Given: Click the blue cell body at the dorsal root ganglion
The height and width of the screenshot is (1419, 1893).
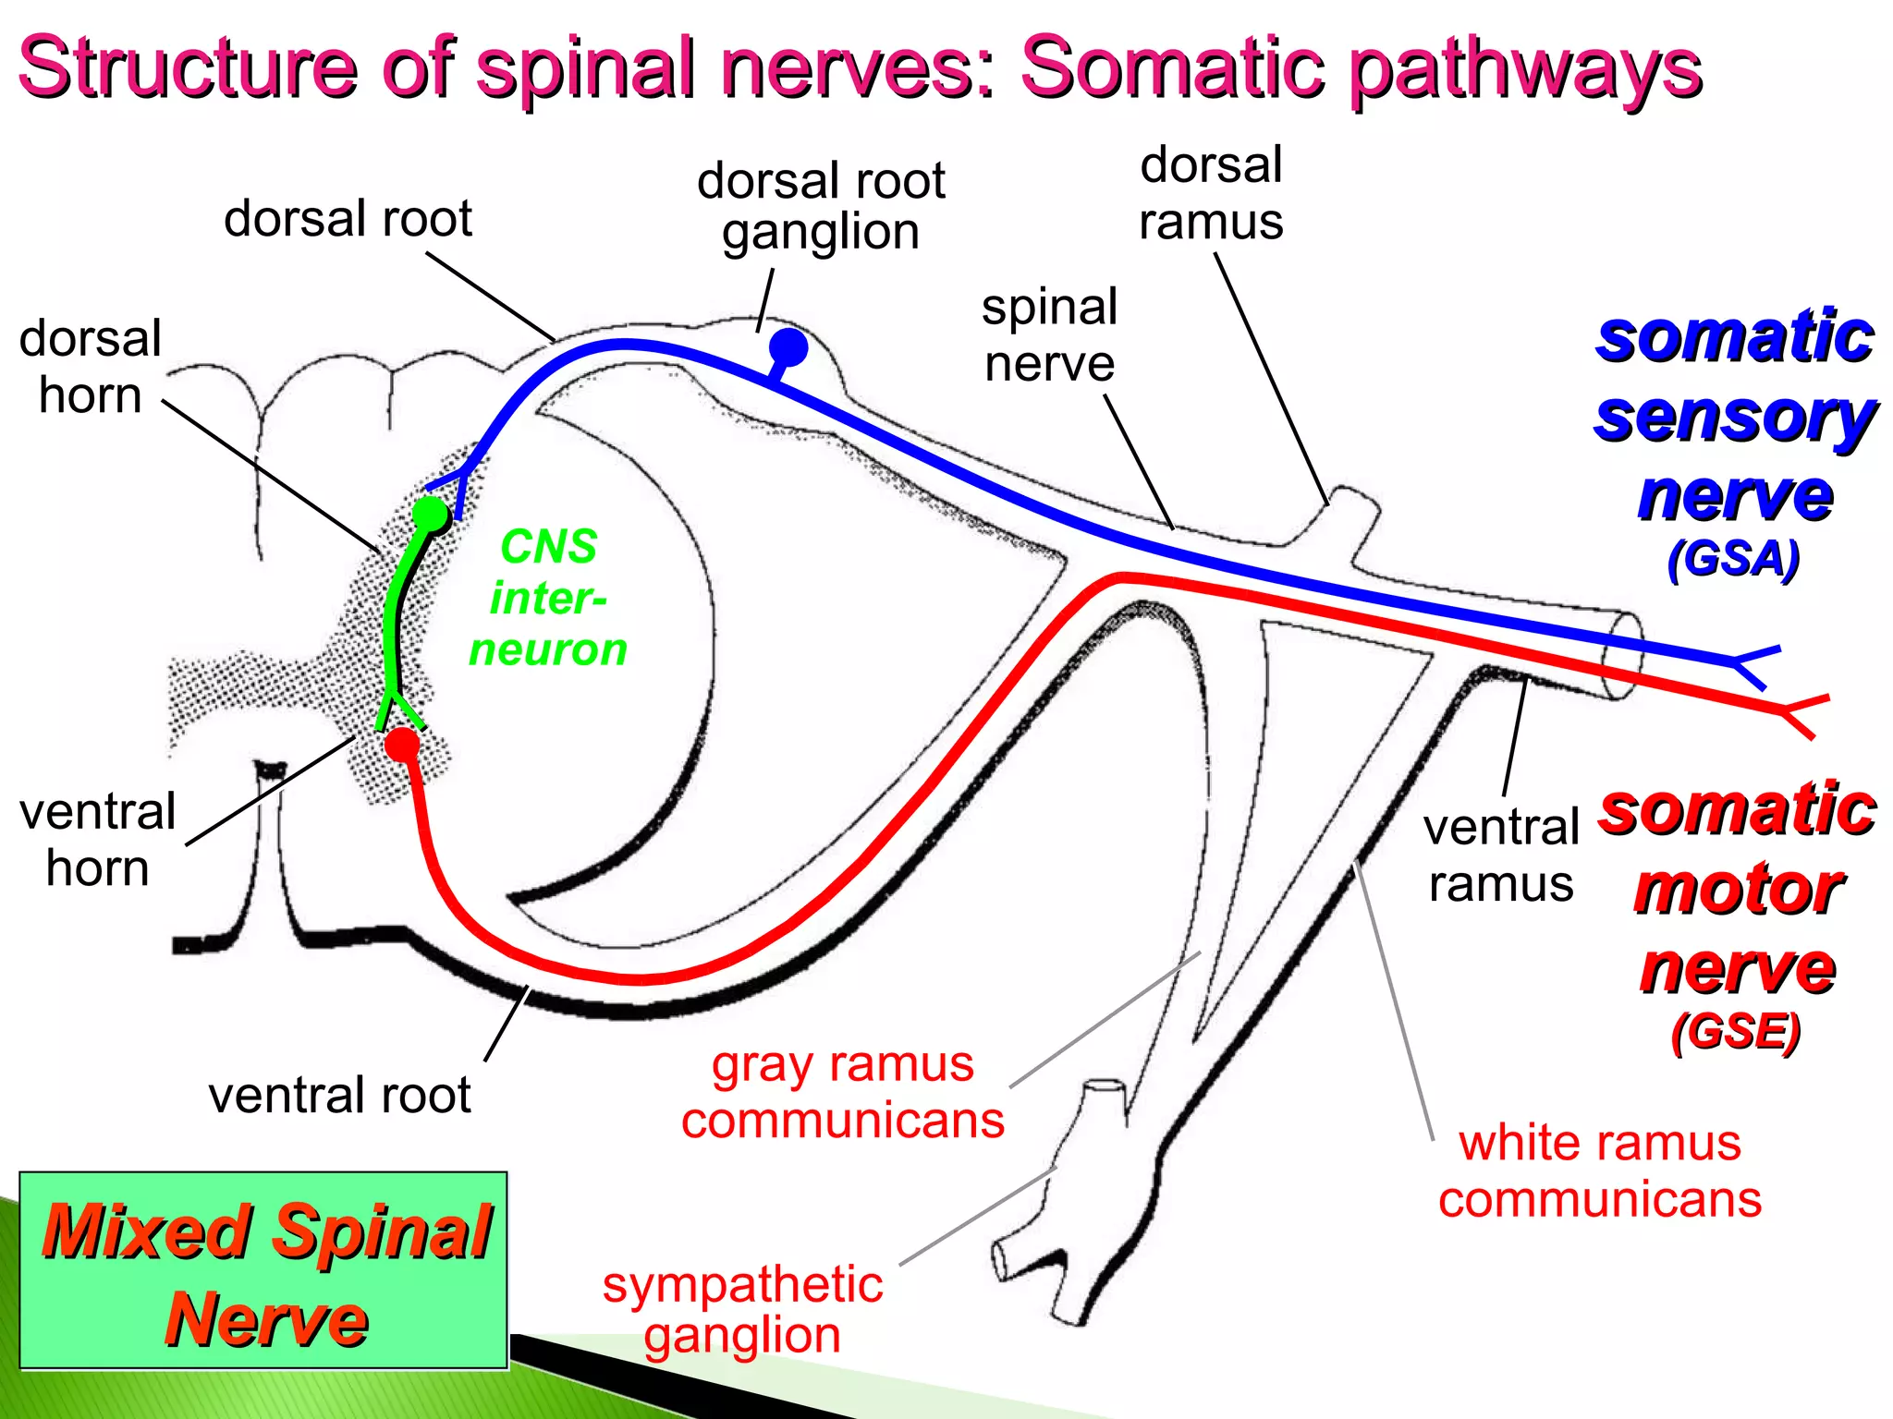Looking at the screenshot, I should tap(788, 347).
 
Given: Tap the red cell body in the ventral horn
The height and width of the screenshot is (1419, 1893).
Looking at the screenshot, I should tap(402, 744).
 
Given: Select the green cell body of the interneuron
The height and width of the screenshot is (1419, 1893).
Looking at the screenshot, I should tap(430, 513).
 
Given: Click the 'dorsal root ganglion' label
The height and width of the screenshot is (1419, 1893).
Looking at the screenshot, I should tap(821, 206).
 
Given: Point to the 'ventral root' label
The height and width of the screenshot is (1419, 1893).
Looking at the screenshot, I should tap(339, 1095).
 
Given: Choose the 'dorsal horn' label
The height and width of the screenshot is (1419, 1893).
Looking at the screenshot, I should tap(90, 367).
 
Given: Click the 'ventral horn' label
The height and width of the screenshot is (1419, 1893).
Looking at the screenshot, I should tap(97, 840).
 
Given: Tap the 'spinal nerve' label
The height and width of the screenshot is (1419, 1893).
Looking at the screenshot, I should tap(1049, 335).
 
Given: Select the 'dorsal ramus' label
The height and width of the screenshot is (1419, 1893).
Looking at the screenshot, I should tap(1211, 193).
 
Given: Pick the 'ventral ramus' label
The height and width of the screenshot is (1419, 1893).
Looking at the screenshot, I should tap(1500, 855).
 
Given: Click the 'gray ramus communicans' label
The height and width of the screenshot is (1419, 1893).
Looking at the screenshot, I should tap(843, 1092).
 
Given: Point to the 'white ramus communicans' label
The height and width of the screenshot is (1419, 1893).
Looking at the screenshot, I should tap(1600, 1170).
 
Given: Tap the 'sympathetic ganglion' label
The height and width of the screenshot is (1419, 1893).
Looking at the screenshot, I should tap(742, 1309).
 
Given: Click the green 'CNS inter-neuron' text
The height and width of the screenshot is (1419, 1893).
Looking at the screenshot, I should tap(548, 598).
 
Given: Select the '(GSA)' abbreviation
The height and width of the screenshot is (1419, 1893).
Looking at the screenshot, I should tap(1733, 559).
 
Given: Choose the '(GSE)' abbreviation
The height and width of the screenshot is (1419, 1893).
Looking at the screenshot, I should tap(1735, 1031).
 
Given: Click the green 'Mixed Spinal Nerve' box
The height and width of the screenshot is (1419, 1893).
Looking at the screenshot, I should tap(264, 1270).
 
